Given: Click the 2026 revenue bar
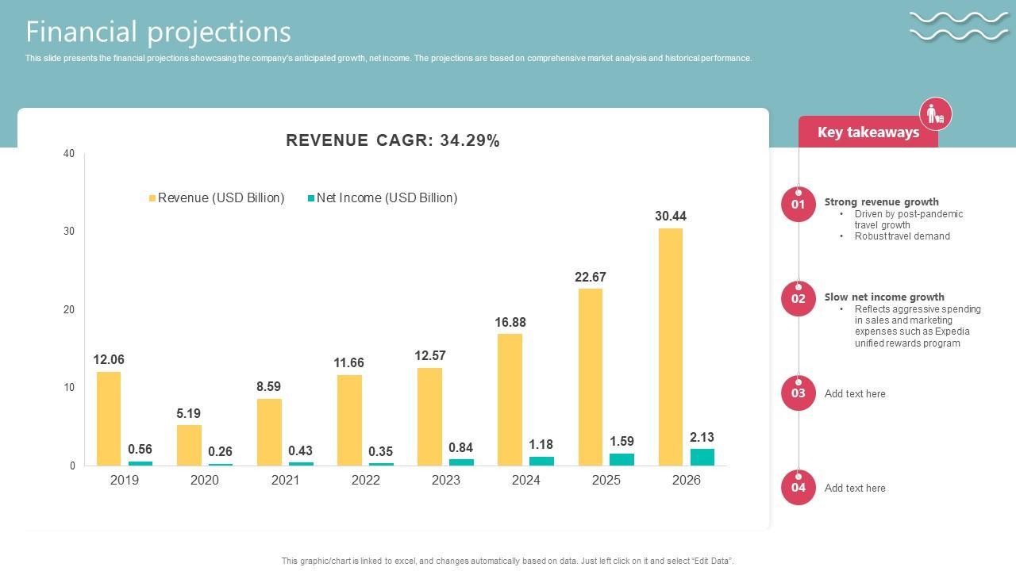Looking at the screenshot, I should [670, 347].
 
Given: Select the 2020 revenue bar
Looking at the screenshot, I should [189, 445].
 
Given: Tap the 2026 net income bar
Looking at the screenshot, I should [702, 457].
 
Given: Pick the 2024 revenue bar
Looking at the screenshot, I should [510, 400].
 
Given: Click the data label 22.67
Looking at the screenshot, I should [591, 277].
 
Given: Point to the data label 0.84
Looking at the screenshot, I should [461, 447].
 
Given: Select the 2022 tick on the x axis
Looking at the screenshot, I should [365, 480].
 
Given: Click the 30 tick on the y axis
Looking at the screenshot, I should [69, 232].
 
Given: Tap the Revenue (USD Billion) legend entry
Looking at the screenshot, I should [217, 198].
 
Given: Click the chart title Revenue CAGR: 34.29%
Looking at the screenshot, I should [393, 140].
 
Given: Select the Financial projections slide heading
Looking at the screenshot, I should [159, 32].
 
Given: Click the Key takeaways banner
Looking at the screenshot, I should [868, 132].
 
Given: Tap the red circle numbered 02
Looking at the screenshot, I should [798, 299].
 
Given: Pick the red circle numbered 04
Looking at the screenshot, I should [798, 488].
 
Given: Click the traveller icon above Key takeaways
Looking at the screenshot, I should [936, 114].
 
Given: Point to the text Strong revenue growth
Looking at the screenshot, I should [881, 201].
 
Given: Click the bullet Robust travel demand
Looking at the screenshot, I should [902, 236].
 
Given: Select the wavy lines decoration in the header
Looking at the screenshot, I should [959, 25].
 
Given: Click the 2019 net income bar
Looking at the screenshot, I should [140, 463].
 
